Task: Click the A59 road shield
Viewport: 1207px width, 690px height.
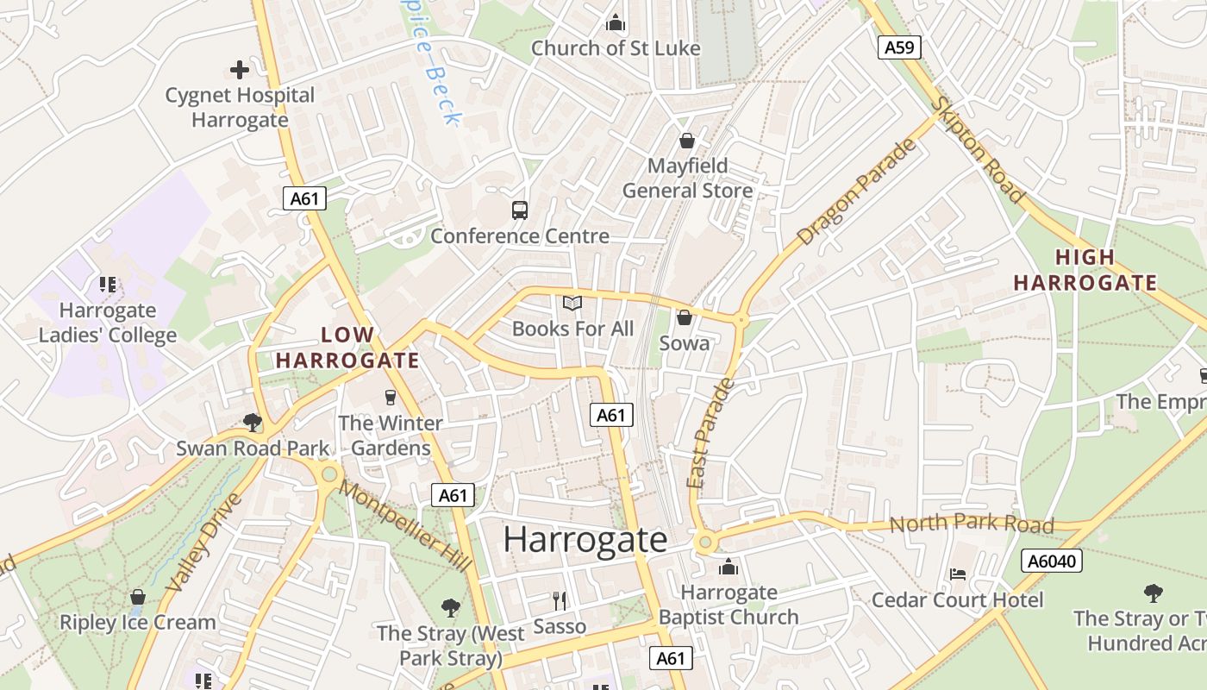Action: coord(899,47)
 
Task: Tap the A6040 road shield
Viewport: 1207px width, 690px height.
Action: coord(1052,561)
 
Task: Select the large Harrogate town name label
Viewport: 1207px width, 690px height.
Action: coord(585,540)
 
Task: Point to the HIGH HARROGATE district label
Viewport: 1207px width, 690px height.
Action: coord(1085,270)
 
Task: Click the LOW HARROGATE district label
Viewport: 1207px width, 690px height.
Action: coord(347,348)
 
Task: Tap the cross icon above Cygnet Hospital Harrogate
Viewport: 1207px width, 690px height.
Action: coord(240,70)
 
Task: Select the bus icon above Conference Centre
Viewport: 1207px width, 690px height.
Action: coord(520,210)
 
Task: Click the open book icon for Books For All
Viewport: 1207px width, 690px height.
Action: coord(572,303)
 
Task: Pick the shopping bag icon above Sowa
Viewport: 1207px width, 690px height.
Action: coord(685,317)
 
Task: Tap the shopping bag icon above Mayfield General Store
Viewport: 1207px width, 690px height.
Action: coord(687,140)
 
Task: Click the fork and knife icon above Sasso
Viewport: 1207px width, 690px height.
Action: coord(560,600)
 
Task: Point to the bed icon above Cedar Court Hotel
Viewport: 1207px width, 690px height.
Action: coord(957,574)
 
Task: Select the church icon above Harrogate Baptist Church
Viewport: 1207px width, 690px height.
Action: coord(729,567)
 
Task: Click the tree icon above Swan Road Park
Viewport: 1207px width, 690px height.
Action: coord(253,422)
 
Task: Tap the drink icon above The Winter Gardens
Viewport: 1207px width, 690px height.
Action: coord(391,397)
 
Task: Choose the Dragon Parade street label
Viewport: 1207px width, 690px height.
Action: coord(857,192)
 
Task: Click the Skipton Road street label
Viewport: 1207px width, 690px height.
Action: coord(979,151)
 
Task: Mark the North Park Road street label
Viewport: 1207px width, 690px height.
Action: coord(971,524)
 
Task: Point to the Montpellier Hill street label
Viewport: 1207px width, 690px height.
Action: coord(405,526)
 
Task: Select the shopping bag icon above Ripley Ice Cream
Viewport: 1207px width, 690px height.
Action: coord(137,597)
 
